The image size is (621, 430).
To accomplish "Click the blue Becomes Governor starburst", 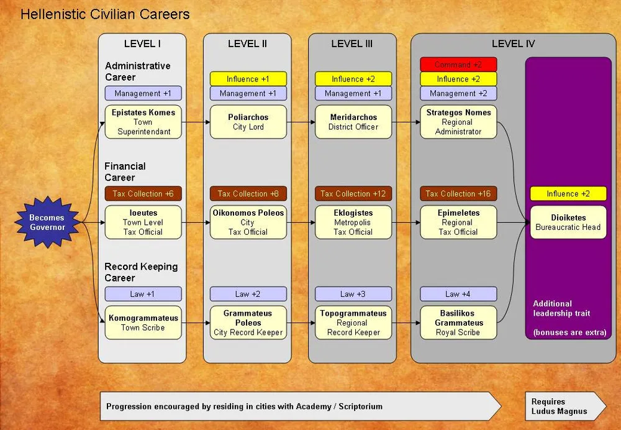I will coord(47,222).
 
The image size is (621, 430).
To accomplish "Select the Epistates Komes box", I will coord(143,122).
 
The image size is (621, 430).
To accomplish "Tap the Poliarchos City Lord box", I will coord(248,122).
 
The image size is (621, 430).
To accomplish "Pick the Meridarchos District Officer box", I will coord(353,122).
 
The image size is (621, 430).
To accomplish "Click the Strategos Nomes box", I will coord(458,122).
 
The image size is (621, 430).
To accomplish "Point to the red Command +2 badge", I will coord(458,65).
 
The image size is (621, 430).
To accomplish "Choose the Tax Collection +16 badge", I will coord(458,194).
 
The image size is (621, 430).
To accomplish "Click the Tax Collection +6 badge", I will coord(143,194).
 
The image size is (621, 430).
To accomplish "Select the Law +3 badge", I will coord(353,294).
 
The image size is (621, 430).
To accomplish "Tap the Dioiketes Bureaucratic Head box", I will coord(568,222).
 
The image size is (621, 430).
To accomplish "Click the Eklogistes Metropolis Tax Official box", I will coord(353,222).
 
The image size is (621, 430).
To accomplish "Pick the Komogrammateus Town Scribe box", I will coord(143,322).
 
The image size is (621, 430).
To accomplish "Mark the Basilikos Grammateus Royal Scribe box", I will coord(458,322).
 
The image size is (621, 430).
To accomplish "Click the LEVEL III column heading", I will coord(352,44).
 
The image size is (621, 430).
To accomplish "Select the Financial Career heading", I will coord(125,172).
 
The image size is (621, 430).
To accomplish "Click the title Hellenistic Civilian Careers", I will coord(105,14).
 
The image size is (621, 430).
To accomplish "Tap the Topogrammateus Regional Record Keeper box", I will coord(353,322).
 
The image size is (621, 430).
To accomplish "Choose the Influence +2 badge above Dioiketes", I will coord(568,194).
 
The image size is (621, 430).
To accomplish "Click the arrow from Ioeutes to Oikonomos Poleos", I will coord(196,222).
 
